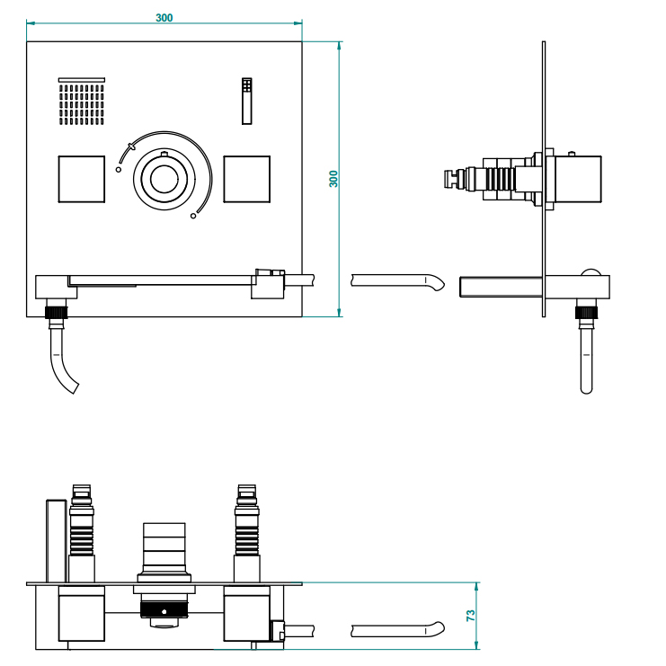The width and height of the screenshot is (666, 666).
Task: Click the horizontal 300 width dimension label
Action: point(164,18)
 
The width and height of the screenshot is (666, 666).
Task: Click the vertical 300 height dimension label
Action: point(333,178)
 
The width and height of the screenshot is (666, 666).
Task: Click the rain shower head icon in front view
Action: point(83,102)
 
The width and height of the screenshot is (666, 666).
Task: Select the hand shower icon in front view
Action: point(247,100)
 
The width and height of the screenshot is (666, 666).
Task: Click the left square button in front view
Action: point(81,179)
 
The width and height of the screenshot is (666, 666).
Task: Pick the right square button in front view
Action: point(246,179)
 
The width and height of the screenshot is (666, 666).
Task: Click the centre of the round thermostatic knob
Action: point(164,179)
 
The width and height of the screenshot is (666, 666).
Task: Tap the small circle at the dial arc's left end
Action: point(118,168)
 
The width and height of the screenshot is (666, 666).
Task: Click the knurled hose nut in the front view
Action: point(58,313)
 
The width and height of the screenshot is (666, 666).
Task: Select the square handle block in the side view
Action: point(576,179)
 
